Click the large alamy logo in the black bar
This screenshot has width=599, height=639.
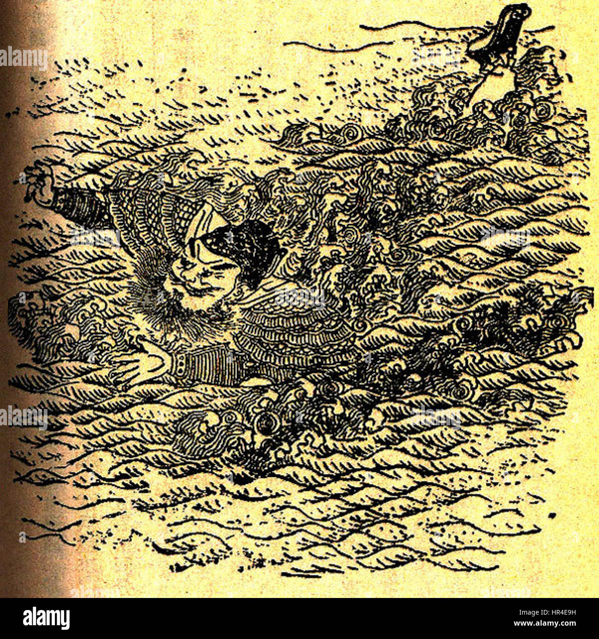coord(46,618)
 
